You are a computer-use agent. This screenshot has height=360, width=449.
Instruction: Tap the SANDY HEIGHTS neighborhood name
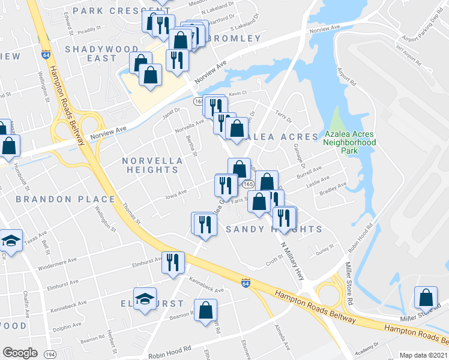tap(274, 230)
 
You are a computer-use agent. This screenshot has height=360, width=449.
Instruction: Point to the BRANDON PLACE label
tap(65, 199)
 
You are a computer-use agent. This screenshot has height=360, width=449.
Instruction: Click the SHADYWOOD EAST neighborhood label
tap(91, 53)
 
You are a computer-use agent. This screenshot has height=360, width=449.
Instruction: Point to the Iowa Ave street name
tap(176, 193)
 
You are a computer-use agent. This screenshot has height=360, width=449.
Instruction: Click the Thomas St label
tap(132, 213)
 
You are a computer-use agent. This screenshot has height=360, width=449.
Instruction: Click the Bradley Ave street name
tap(334, 189)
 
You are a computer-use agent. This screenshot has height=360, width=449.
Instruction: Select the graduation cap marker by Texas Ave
tap(11, 241)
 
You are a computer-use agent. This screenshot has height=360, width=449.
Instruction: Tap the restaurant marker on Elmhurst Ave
tap(173, 262)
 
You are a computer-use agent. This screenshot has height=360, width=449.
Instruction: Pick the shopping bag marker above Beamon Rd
tap(205, 310)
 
